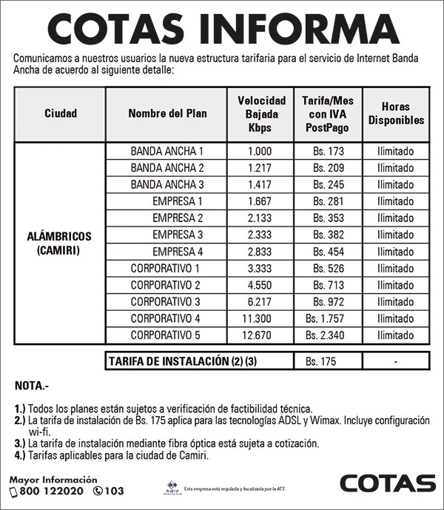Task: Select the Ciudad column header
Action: [60, 113]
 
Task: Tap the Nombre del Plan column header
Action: [167, 113]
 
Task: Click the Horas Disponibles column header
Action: [396, 113]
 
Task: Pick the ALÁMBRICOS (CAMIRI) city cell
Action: [60, 243]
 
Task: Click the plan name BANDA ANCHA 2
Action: [166, 168]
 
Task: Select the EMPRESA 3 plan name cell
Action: [178, 235]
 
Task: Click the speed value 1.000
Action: [260, 151]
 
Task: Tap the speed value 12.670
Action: [260, 335]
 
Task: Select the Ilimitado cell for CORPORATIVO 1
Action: [395, 268]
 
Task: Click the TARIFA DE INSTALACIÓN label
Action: [166, 361]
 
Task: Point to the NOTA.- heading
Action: [32, 386]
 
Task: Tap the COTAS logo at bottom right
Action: [387, 483]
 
